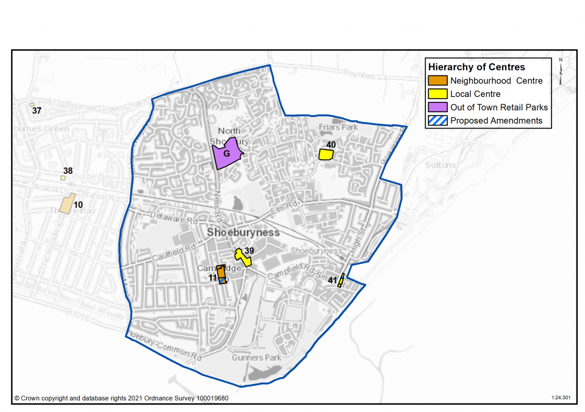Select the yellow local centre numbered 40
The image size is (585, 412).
pos(326,155)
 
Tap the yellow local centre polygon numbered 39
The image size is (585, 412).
pos(243,258)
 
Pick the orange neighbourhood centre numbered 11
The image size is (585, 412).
pos(221,272)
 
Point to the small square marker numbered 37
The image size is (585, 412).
pos(32,105)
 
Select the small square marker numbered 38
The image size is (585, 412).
pos(63,178)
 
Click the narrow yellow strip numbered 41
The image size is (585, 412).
pos(341,280)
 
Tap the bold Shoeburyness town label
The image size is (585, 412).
pos(243,233)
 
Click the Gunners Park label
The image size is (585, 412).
pos(257,357)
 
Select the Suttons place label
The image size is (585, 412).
pos(440,165)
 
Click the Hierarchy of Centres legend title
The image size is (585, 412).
pos(476,67)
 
